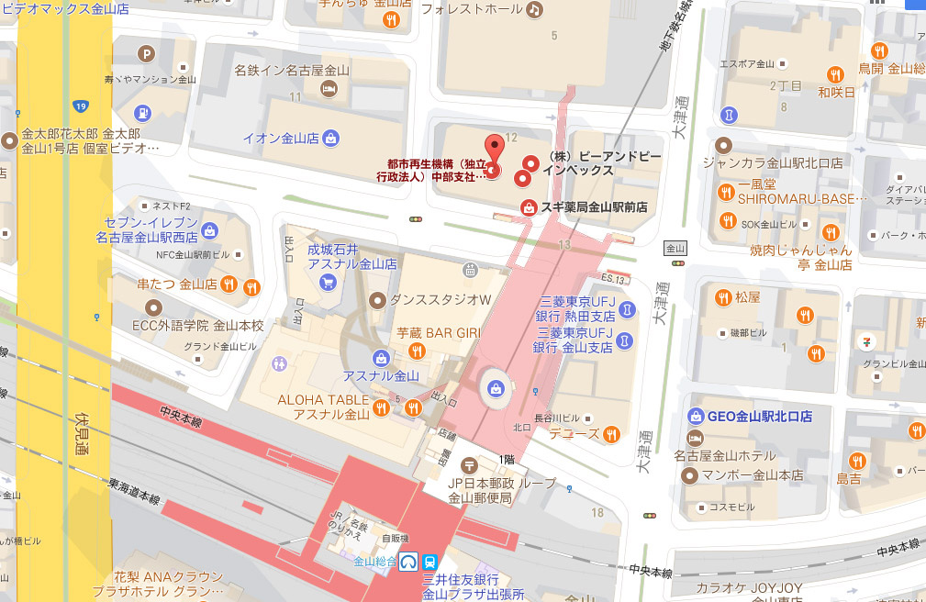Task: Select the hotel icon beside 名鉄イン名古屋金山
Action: [328, 88]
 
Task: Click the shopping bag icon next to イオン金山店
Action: [330, 139]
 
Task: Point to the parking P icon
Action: [144, 53]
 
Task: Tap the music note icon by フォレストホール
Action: [534, 9]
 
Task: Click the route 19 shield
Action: [82, 106]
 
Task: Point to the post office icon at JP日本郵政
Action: [470, 465]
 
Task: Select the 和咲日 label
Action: [836, 93]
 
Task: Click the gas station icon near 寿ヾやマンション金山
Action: [143, 113]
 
